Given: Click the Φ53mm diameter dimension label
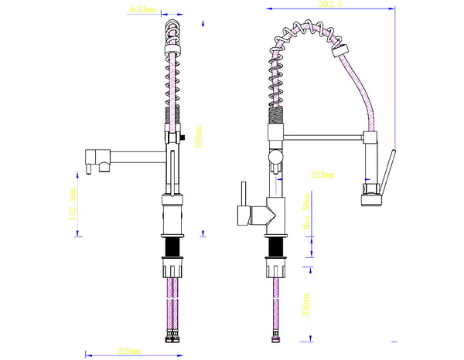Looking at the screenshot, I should tap(144, 10).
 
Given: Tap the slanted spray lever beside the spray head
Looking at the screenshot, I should tap(389, 166).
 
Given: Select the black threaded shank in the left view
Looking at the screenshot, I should tap(173, 248).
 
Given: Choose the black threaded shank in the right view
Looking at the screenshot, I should tap(275, 248).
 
